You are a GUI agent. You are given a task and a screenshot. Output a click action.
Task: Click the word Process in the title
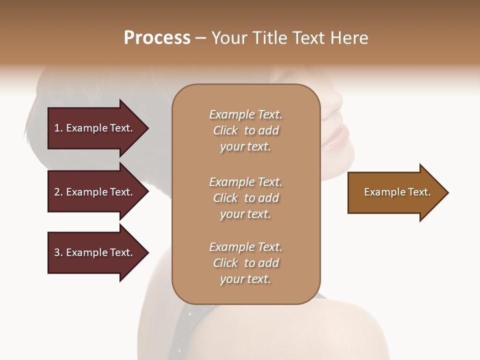pyautogui.click(x=157, y=38)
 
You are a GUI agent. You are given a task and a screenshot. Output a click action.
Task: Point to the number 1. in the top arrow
pyautogui.click(x=58, y=128)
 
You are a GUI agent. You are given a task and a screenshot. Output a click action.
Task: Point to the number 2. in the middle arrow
pyautogui.click(x=58, y=192)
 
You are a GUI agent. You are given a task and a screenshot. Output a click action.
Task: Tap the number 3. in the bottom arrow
pyautogui.click(x=58, y=252)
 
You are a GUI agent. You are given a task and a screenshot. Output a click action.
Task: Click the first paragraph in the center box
pyautogui.click(x=245, y=130)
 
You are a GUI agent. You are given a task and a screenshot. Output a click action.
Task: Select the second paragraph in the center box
pyautogui.click(x=245, y=198)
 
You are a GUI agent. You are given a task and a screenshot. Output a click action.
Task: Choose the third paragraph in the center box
pyautogui.click(x=245, y=263)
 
